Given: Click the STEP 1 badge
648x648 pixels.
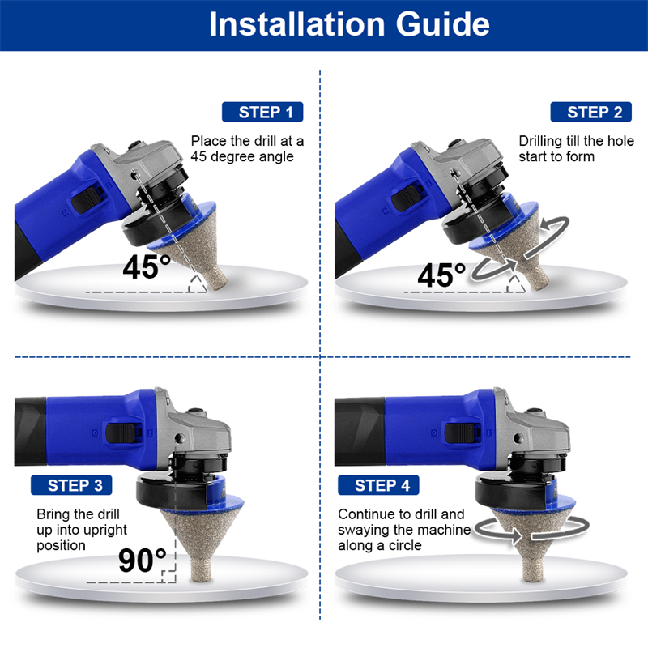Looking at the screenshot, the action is [262, 112].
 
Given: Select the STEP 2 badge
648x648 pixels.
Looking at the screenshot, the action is [591, 112].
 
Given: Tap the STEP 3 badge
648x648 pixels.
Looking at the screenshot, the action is [71, 485].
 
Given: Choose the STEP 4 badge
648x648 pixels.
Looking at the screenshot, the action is [378, 485].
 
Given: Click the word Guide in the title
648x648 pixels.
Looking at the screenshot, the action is [442, 24].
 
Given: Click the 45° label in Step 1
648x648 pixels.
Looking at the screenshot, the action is [147, 266].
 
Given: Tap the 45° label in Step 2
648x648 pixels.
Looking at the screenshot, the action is [441, 275].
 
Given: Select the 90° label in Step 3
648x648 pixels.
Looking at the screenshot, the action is [143, 560].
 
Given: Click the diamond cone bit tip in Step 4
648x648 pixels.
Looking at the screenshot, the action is [532, 578].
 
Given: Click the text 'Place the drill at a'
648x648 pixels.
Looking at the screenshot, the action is [247, 141].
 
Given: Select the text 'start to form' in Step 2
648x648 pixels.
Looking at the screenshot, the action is [556, 156].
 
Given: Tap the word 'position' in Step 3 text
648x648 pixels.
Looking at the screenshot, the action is [62, 546].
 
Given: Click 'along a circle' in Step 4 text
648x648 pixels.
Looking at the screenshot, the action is [380, 545].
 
